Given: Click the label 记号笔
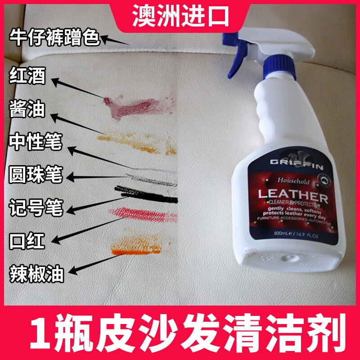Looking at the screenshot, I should (36, 207).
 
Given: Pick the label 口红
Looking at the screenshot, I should (28, 240).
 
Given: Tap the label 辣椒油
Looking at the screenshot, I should (36, 272).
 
